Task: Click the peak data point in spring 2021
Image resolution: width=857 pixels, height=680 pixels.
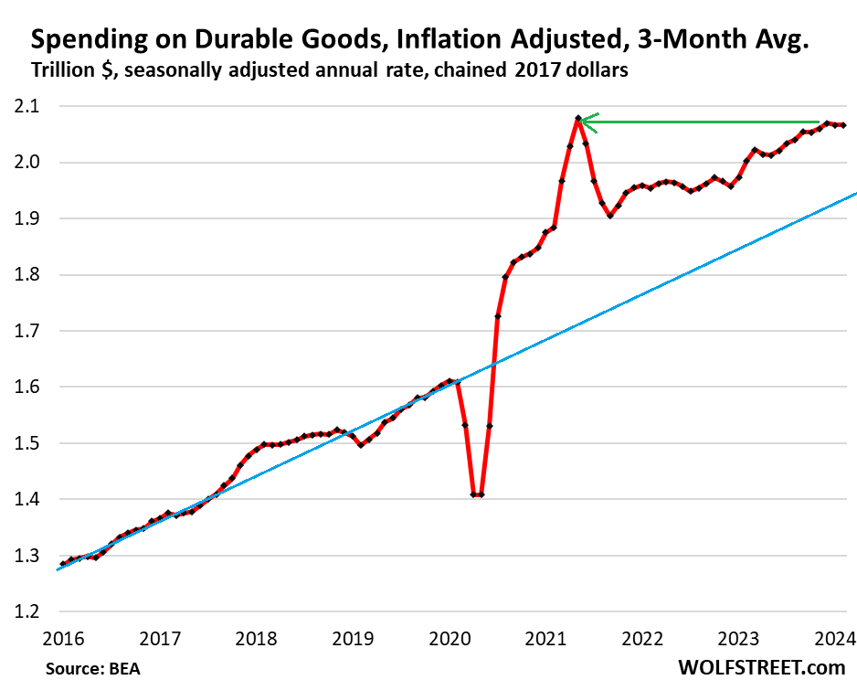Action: click(x=578, y=119)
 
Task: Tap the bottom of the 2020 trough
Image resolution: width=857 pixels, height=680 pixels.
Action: click(x=477, y=494)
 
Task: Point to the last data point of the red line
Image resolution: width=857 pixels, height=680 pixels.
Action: click(x=842, y=125)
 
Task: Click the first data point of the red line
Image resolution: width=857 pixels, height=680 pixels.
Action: click(x=63, y=564)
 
